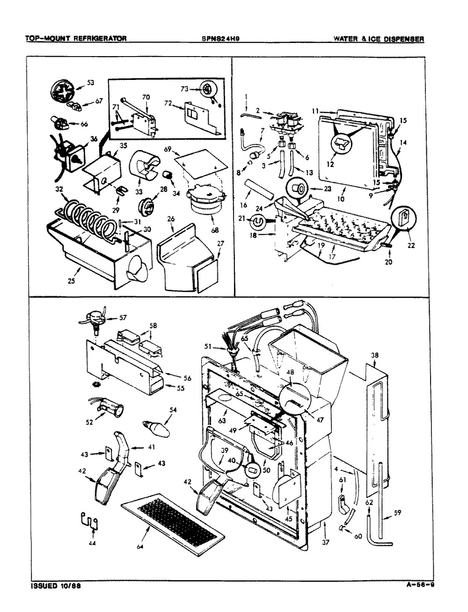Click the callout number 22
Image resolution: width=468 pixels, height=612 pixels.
pos(412,244)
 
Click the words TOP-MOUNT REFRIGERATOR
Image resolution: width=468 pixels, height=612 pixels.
pos(76,40)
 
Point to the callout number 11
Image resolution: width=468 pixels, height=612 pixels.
pos(315,111)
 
